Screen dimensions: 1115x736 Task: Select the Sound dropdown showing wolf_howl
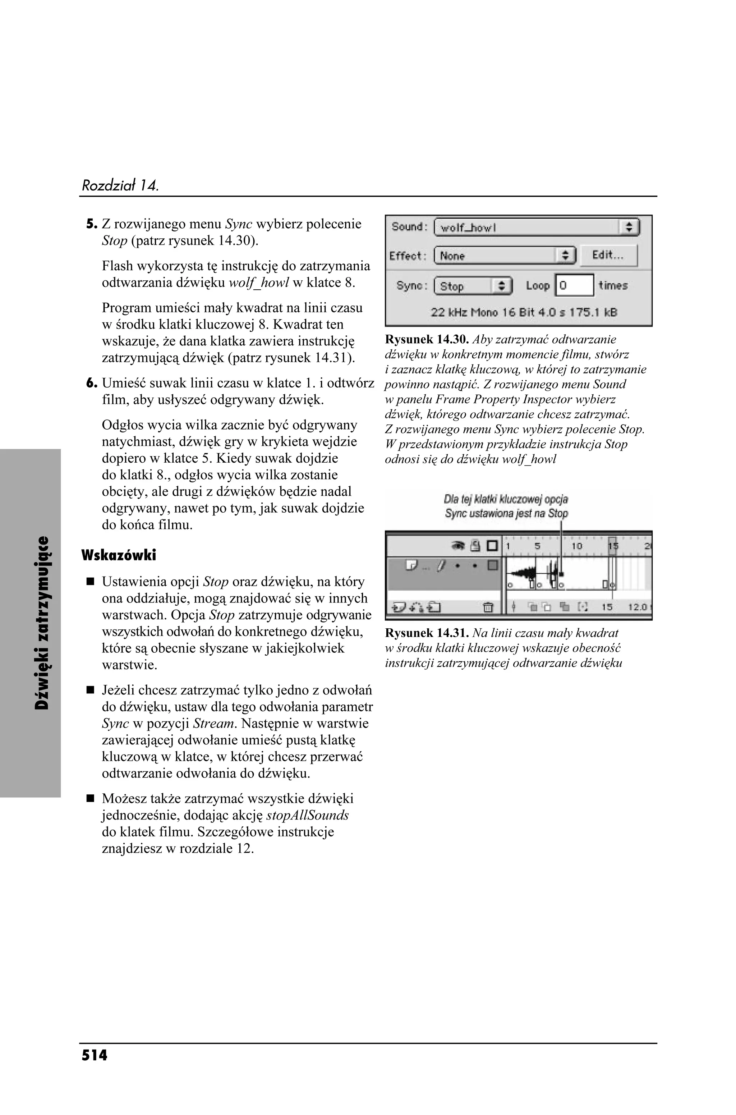click(537, 228)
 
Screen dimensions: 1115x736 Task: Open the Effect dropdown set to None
click(505, 256)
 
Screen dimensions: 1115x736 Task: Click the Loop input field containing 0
click(575, 285)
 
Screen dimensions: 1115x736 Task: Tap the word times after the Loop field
click(613, 285)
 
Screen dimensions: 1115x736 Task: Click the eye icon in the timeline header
click(457, 546)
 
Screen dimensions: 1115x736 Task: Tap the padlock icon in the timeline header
click(475, 546)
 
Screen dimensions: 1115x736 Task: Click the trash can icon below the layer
click(488, 607)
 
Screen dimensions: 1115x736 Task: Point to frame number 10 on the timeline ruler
click(576, 546)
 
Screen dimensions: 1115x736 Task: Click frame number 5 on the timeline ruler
click(538, 546)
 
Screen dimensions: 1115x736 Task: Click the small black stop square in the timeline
click(562, 574)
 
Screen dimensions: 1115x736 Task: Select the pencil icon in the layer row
click(440, 566)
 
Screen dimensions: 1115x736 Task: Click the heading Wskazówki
click(118, 555)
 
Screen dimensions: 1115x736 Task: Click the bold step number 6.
click(91, 383)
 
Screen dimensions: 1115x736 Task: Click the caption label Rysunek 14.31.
click(427, 633)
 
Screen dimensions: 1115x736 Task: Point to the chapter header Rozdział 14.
click(120, 185)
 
